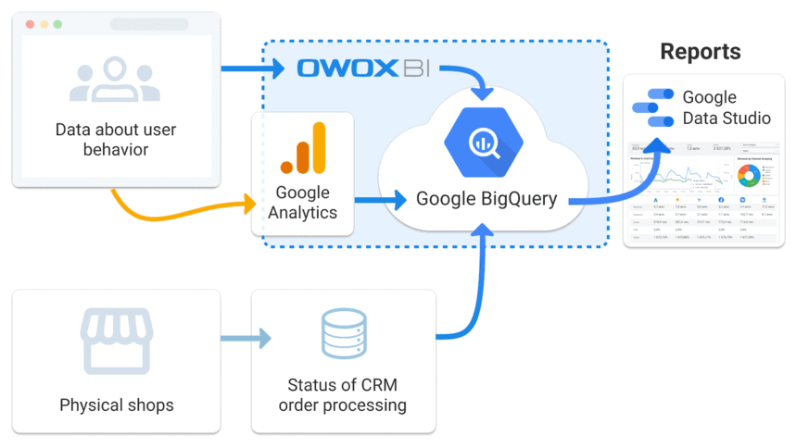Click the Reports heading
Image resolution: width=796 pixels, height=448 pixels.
pos(700,52)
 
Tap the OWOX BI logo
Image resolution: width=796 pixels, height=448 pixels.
pos(368,69)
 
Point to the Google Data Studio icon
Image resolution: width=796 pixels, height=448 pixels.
pos(652,107)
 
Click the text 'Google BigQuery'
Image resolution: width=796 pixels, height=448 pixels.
pos(486,198)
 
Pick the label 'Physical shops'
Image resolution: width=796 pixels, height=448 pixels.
pos(116,404)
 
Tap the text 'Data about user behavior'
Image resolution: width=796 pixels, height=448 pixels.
pos(115,139)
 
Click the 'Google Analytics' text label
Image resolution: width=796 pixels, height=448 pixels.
pos(303,203)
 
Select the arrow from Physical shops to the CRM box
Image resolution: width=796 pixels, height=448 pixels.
pos(246,338)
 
